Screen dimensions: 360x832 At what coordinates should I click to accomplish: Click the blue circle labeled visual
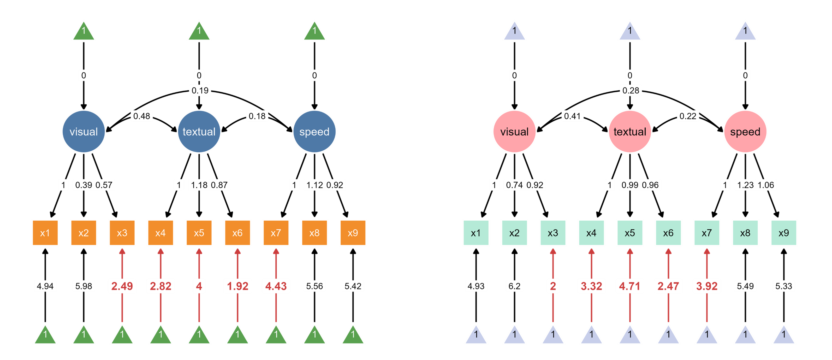84,132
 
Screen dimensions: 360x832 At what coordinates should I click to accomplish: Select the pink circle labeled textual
629,132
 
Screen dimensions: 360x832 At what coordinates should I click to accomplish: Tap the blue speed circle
314,132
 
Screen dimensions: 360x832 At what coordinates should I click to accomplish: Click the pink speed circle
745,132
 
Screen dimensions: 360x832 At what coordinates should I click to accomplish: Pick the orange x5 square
199,233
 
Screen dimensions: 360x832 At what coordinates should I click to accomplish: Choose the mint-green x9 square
783,233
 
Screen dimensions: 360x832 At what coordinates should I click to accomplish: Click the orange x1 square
45,233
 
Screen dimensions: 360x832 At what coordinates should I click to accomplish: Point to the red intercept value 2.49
122,286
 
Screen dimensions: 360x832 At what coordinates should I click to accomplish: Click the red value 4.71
629,286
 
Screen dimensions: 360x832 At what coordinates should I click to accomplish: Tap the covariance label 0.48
141,116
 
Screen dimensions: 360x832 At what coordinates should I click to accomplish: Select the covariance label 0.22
688,116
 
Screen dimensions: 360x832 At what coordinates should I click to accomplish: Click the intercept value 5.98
84,286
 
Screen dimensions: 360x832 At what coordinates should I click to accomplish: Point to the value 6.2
514,286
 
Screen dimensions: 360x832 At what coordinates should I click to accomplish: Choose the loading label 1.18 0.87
209,185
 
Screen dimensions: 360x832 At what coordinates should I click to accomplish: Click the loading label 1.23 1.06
756,185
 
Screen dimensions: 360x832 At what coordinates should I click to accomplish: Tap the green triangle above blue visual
84,31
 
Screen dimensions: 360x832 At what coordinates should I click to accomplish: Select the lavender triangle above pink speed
745,31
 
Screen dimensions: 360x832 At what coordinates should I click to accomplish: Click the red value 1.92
237,286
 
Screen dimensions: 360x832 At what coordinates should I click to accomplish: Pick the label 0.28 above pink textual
631,90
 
